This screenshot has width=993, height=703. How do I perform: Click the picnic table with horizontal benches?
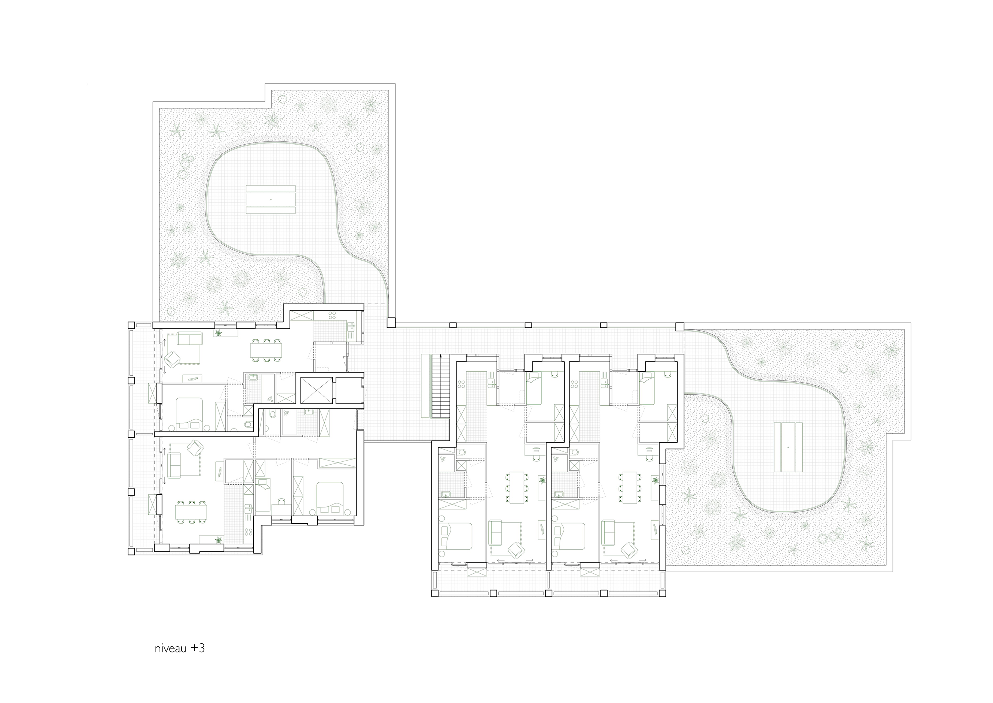pyautogui.click(x=271, y=200)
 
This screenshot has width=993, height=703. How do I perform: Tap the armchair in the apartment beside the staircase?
pyautogui.click(x=516, y=550)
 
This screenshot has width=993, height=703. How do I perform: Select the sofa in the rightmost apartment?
pyautogui.click(x=608, y=529)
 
